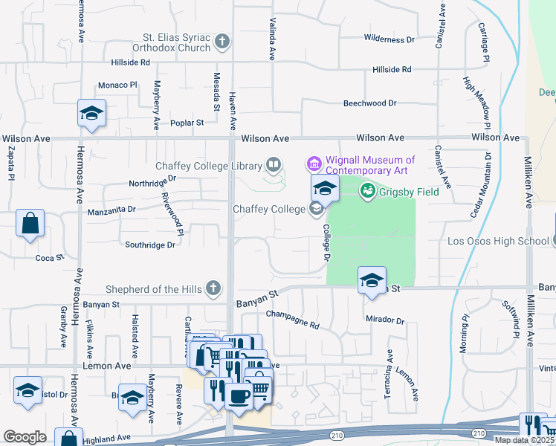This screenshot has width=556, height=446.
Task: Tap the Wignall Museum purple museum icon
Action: click(x=313, y=162)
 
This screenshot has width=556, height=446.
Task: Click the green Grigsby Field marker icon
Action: click(x=366, y=192)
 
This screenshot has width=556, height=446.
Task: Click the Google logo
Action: click(x=25, y=437)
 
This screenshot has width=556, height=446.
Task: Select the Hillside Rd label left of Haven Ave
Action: click(x=130, y=63)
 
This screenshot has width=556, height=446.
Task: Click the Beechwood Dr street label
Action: click(x=369, y=103)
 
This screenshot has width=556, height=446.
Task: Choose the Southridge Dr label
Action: click(x=150, y=244)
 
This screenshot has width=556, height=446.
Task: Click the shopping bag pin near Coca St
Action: click(x=30, y=223)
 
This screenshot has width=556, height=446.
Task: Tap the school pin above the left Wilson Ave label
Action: click(x=92, y=114)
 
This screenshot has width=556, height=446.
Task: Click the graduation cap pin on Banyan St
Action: click(x=372, y=280)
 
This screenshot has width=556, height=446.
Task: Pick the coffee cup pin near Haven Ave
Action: click(x=239, y=396)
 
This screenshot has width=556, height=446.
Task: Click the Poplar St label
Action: click(x=187, y=123)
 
